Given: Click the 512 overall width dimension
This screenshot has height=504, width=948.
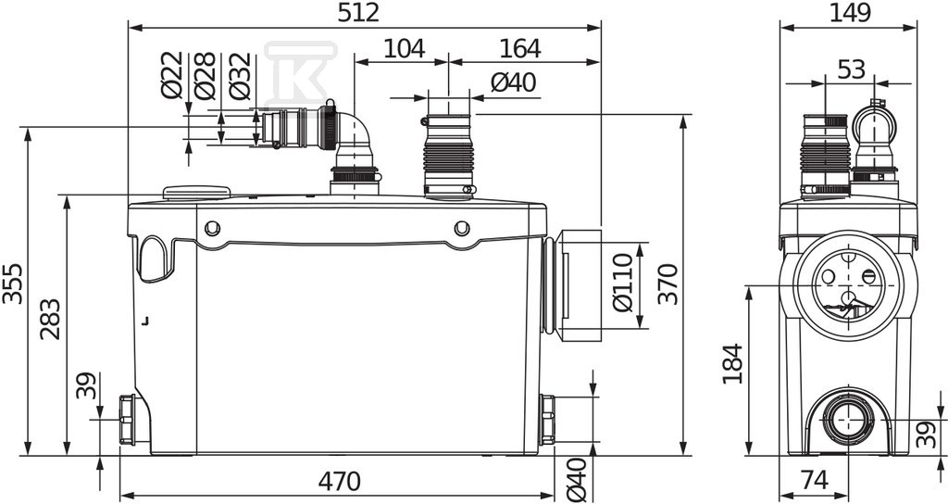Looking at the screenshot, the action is [x=358, y=13].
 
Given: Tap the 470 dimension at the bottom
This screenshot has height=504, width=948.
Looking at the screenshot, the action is [x=339, y=482].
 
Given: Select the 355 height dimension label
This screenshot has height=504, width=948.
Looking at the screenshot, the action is [x=12, y=283].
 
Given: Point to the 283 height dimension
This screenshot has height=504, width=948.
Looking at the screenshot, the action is [x=51, y=319].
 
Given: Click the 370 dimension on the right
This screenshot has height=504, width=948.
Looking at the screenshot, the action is [x=668, y=283].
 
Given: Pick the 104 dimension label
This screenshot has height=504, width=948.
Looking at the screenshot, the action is [x=404, y=48].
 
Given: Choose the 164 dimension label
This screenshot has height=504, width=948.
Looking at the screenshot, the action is [x=520, y=48].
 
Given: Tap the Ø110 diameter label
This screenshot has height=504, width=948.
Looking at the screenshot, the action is [x=623, y=283].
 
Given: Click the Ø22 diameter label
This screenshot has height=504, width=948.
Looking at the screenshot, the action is [x=172, y=75].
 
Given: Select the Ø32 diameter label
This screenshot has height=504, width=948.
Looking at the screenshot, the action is [x=240, y=76].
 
